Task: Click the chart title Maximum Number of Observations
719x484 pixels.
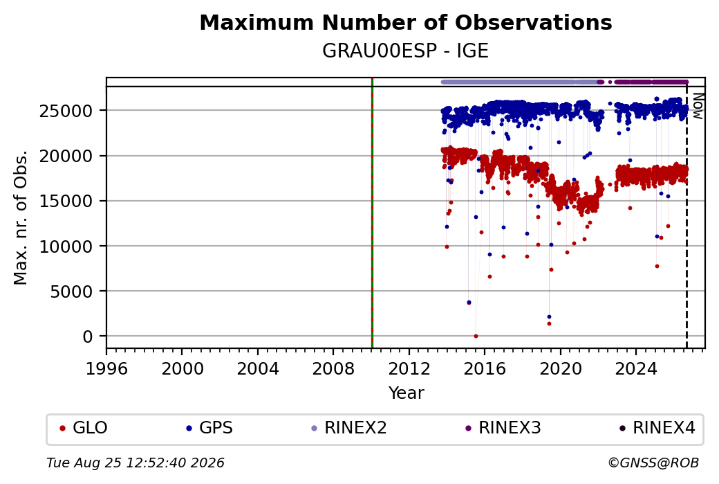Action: tap(406, 22)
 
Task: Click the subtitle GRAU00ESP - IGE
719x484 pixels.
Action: tap(405, 51)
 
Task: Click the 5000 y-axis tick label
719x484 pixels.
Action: tap(71, 291)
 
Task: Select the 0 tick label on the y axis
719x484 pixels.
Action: tap(88, 337)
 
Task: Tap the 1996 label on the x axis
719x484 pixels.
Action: tap(106, 369)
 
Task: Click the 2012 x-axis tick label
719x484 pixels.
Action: tap(409, 369)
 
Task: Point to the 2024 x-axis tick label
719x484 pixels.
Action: tap(635, 369)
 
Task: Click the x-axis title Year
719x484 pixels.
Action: tap(406, 393)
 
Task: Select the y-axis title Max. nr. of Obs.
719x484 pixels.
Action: tap(21, 217)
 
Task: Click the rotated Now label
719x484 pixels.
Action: tap(698, 106)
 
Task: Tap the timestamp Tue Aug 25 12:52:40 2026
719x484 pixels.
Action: tap(136, 463)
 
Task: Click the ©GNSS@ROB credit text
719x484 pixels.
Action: tap(653, 463)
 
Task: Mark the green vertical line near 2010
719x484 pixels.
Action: tap(372, 213)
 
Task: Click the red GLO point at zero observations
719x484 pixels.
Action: tap(476, 336)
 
